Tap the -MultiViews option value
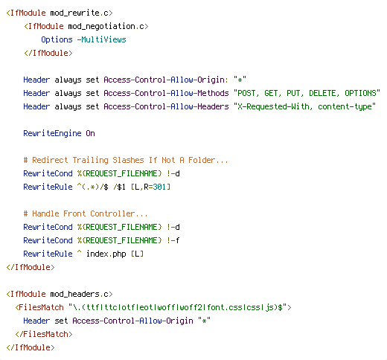(102, 39)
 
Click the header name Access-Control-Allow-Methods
(166, 93)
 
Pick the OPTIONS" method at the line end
(362, 93)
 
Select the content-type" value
(347, 107)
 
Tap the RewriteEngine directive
(52, 133)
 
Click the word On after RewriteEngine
(90, 133)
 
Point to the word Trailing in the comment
(90, 161)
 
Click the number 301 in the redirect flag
(159, 187)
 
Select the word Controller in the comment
(112, 213)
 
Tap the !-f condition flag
(173, 240)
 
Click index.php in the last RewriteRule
(106, 254)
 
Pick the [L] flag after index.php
(137, 254)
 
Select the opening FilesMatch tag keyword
(41, 307)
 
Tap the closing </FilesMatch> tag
(44, 334)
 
